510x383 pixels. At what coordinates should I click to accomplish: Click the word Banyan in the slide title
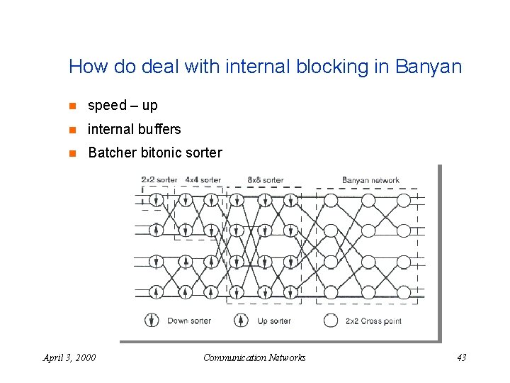pyautogui.click(x=429, y=68)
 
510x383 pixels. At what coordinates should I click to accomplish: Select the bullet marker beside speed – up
pyautogui.click(x=72, y=106)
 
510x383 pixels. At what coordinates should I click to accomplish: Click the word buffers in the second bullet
pyautogui.click(x=160, y=129)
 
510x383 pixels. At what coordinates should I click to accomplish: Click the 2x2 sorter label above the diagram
pyautogui.click(x=159, y=180)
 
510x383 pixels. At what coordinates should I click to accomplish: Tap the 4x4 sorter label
pyautogui.click(x=203, y=180)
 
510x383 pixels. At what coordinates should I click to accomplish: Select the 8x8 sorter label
pyautogui.click(x=265, y=180)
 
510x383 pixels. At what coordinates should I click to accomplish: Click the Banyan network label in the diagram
pyautogui.click(x=370, y=180)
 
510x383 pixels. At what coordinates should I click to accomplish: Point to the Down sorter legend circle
pyautogui.click(x=152, y=320)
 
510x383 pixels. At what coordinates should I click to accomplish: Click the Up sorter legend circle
pyautogui.click(x=241, y=320)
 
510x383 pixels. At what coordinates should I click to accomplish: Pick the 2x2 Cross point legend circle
pyautogui.click(x=330, y=320)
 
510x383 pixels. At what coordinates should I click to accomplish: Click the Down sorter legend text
pyautogui.click(x=188, y=321)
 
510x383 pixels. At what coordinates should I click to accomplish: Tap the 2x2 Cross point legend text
pyautogui.click(x=373, y=321)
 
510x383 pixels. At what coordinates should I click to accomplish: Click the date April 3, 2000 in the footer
pyautogui.click(x=69, y=357)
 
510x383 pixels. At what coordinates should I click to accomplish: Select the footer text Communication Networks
pyautogui.click(x=254, y=357)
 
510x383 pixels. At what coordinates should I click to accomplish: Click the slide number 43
pyautogui.click(x=461, y=357)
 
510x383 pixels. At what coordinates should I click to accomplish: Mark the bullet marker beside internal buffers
pyautogui.click(x=72, y=129)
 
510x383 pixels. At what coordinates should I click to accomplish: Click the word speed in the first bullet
pyautogui.click(x=107, y=106)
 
